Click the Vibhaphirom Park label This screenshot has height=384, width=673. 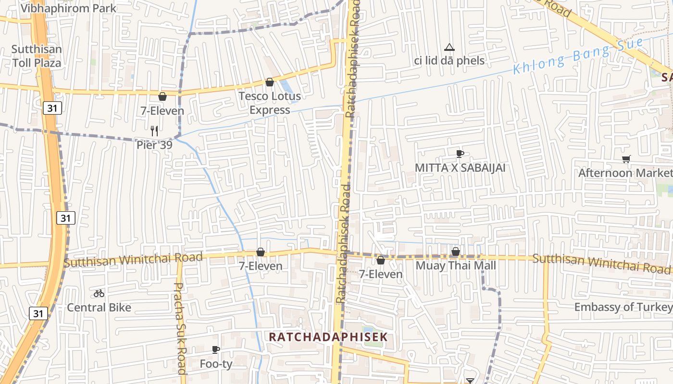pyautogui.click(x=68, y=8)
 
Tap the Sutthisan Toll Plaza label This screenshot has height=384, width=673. pyautogui.click(x=37, y=56)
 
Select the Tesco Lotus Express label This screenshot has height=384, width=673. pyautogui.click(x=270, y=103)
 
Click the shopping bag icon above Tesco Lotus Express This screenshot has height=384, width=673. pyautogui.click(x=270, y=82)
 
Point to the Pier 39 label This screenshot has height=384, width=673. pyautogui.click(x=154, y=144)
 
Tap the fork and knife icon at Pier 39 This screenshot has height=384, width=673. pyautogui.click(x=154, y=131)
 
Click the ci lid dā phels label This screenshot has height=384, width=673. pyautogui.click(x=449, y=61)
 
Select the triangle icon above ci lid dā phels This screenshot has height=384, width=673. pyautogui.click(x=449, y=47)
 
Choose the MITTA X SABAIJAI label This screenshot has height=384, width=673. pyautogui.click(x=460, y=168)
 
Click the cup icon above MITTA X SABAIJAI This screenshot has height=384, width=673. pyautogui.click(x=460, y=154)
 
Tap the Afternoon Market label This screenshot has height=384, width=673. pyautogui.click(x=625, y=173)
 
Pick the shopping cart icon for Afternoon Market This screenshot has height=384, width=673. pyautogui.click(x=626, y=159)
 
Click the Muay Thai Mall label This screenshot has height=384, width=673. pyautogui.click(x=456, y=265)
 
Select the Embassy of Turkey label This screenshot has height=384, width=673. pyautogui.click(x=623, y=307)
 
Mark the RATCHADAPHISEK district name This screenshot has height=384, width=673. pyautogui.click(x=328, y=337)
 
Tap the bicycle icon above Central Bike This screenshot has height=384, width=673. pyautogui.click(x=99, y=293)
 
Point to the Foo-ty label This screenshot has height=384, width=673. pyautogui.click(x=216, y=364)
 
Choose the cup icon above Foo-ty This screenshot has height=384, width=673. pyautogui.click(x=216, y=349)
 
